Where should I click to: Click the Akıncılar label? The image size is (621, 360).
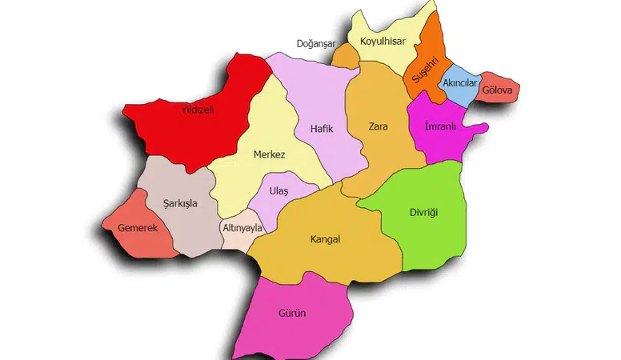coord(459,83)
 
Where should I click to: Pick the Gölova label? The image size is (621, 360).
coord(498,90)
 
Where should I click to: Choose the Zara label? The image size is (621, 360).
coord(379,126)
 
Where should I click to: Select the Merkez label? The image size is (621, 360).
coord(269,154)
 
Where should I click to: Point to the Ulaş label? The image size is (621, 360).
coord(279,193)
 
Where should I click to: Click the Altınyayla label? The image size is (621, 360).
coord(242,228)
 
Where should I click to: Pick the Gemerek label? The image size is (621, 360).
coord(138,228)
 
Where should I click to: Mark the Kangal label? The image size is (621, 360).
coord(326,239)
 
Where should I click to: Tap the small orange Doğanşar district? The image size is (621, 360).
coord(345,57)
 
